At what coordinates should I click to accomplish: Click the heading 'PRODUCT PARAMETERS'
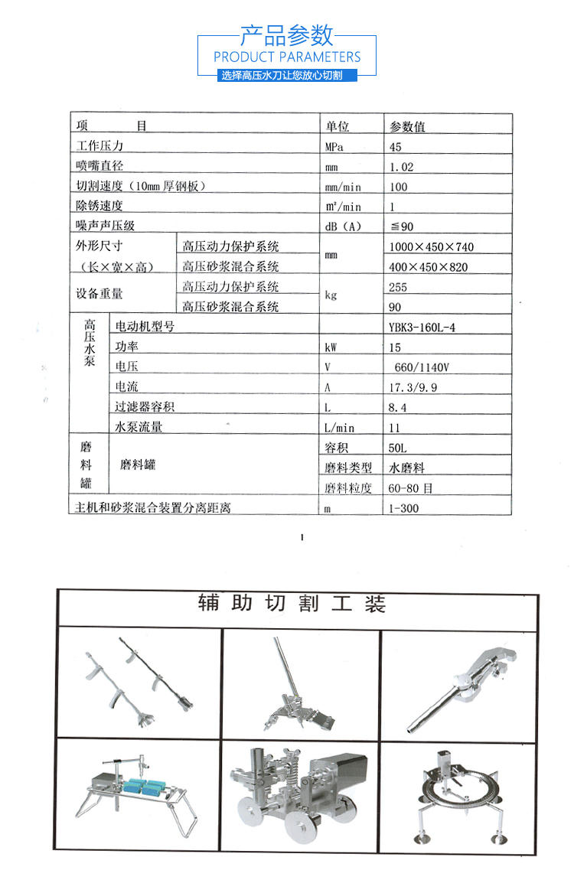coord(287,57)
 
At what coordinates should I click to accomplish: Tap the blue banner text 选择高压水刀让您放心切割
coord(287,76)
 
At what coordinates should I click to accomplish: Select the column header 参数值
coord(407,126)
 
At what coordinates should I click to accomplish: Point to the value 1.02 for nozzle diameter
coord(401,167)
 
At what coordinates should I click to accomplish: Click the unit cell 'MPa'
coord(334,146)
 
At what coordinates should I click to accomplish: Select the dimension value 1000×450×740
coord(431,246)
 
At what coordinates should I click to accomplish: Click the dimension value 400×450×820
coord(429,267)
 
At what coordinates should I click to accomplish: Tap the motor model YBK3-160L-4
coord(427,327)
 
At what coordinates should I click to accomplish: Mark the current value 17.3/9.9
coord(413,387)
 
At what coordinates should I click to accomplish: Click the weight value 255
coord(398,288)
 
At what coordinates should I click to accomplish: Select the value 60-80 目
coord(411,487)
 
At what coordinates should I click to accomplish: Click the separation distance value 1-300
coord(404,508)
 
